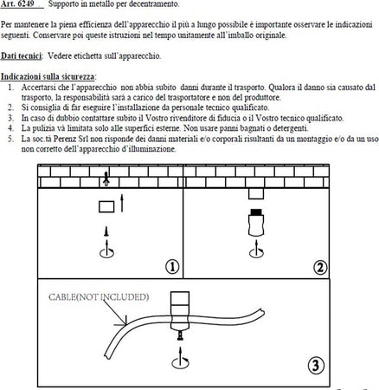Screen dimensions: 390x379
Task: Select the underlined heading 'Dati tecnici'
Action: (x=21, y=54)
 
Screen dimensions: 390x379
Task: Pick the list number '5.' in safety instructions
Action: (x=9, y=137)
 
